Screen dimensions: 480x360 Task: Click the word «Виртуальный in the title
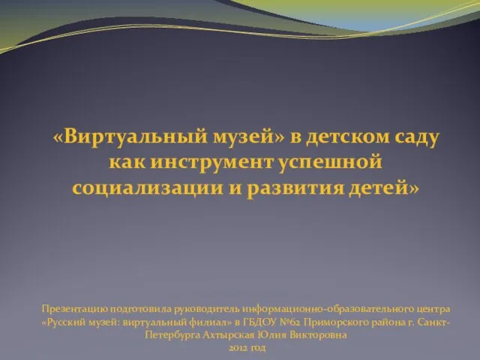point(130,136)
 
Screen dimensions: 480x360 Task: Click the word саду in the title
point(417,138)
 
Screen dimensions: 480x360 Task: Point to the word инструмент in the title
point(211,163)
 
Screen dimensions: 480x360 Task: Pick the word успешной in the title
point(331,163)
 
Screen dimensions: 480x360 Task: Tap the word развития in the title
point(295,188)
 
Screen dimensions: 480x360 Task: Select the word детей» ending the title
point(383,188)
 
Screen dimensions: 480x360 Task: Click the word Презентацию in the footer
point(75,309)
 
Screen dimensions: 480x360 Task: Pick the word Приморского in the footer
point(336,322)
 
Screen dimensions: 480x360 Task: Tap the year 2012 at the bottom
point(238,348)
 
